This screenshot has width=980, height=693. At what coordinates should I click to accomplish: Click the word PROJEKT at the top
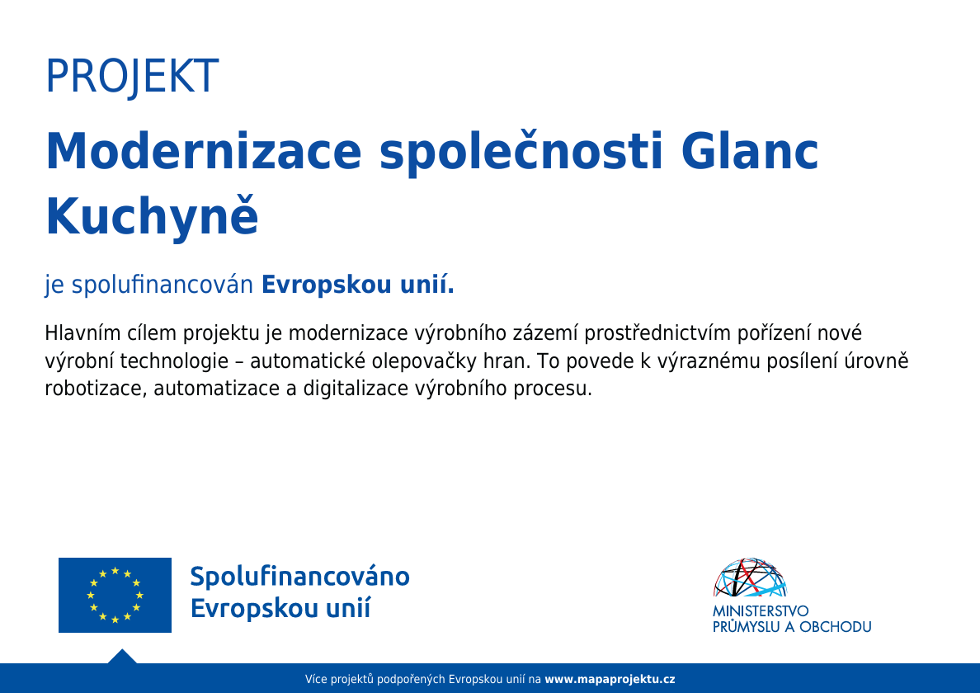pos(132,76)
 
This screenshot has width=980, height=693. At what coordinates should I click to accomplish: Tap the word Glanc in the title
pos(749,151)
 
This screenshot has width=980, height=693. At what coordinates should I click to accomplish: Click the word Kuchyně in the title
pos(152,215)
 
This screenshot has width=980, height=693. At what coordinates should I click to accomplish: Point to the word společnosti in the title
pos(521,153)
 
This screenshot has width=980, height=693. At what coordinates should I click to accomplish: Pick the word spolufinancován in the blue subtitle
pos(162,285)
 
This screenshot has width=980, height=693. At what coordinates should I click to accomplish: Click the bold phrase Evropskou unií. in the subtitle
pos(357,285)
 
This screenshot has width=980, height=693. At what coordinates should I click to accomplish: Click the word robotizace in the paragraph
pos(97,389)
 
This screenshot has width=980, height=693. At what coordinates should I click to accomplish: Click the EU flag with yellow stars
pos(115,595)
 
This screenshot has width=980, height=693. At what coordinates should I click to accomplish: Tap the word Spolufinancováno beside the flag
pos(300,577)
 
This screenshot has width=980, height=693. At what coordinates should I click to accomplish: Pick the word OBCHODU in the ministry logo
pos(836,627)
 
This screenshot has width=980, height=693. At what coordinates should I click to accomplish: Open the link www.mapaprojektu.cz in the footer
pos(610,679)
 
